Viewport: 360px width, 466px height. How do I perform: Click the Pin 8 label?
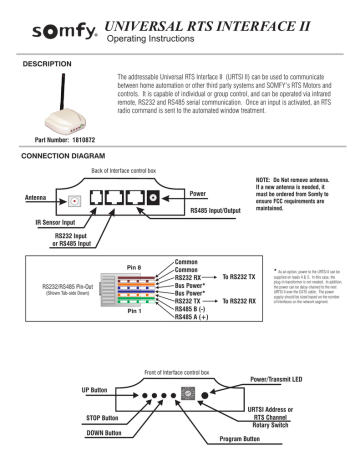pyautogui.click(x=111, y=267)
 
